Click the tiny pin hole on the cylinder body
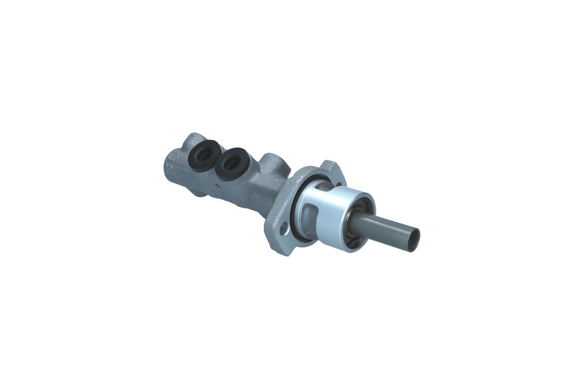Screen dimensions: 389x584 click(x=217, y=186)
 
